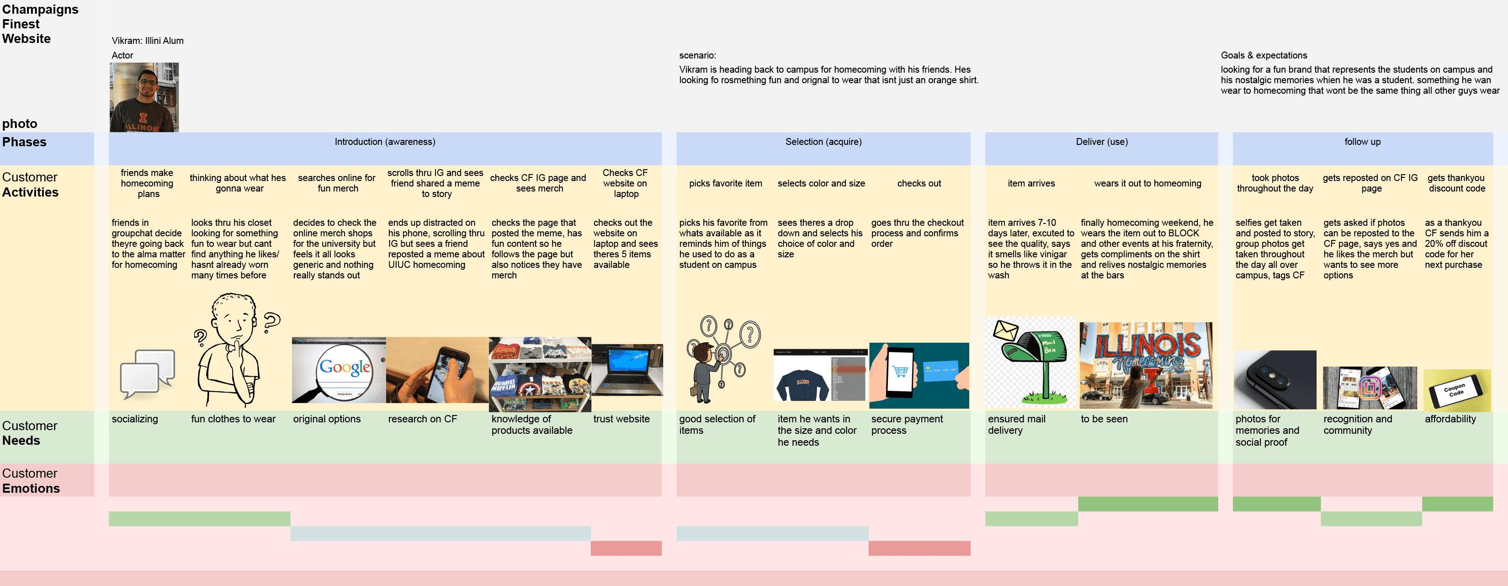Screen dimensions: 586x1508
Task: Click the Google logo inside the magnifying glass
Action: (345, 368)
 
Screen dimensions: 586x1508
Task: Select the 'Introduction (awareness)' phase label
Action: (385, 142)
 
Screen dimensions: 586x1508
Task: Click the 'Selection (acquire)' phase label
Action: (823, 142)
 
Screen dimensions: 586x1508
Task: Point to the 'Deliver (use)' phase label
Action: (1101, 142)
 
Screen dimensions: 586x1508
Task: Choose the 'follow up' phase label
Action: (1362, 142)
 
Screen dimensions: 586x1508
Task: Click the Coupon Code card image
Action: (1456, 390)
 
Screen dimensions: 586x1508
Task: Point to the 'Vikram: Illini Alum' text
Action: (148, 40)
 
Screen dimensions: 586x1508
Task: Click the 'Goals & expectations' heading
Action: (1264, 55)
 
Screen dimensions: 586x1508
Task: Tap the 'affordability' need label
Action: (1450, 419)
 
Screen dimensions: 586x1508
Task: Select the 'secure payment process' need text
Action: (907, 425)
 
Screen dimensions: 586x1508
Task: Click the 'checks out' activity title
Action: (919, 183)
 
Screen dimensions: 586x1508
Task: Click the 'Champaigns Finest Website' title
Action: (40, 24)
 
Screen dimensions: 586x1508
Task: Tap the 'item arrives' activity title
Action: (1031, 183)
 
